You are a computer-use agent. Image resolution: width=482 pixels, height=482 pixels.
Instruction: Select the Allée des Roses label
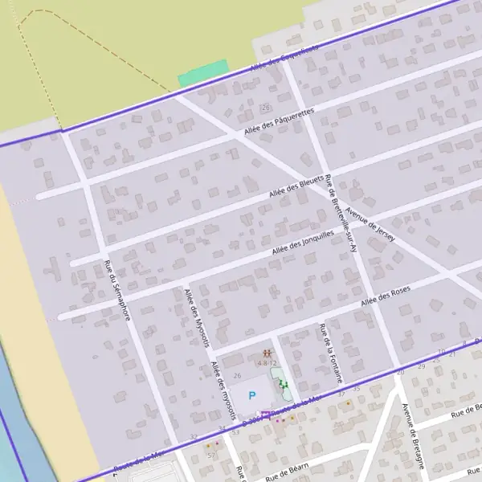[386, 297]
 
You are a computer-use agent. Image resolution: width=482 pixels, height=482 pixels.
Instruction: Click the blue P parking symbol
[252, 395]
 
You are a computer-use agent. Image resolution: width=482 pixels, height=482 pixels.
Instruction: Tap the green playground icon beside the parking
[283, 385]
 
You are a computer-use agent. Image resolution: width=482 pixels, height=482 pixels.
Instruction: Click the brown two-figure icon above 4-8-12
[267, 353]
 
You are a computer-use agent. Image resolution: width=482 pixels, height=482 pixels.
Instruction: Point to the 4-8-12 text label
[267, 364]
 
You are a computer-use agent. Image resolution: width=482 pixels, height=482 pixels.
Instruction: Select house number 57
[211, 455]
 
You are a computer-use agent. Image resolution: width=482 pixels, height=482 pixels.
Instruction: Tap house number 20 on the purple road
[401, 373]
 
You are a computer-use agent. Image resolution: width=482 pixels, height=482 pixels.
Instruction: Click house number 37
[341, 394]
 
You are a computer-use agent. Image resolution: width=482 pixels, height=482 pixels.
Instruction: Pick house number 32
[194, 436]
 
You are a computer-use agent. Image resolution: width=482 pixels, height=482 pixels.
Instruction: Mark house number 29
[436, 360]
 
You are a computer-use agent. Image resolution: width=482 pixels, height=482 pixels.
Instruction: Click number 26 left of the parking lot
[237, 376]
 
